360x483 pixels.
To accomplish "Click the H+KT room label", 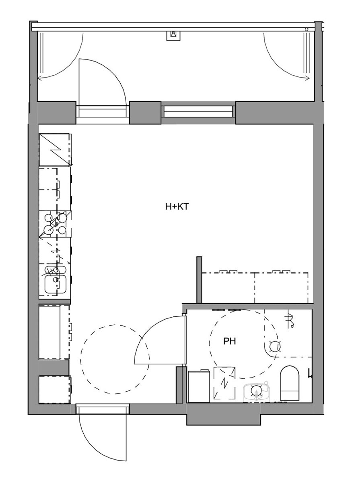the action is (x=177, y=206).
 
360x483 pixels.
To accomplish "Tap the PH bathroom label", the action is (x=229, y=341).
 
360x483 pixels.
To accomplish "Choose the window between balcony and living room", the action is (x=198, y=111).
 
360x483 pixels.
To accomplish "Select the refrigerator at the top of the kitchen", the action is (x=55, y=150).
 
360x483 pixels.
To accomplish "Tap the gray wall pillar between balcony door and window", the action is (x=145, y=113).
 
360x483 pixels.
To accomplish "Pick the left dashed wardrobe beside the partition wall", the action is (x=228, y=288).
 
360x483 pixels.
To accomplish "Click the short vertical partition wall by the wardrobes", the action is (x=199, y=280).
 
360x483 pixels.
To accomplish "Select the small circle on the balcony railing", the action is (x=307, y=29).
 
